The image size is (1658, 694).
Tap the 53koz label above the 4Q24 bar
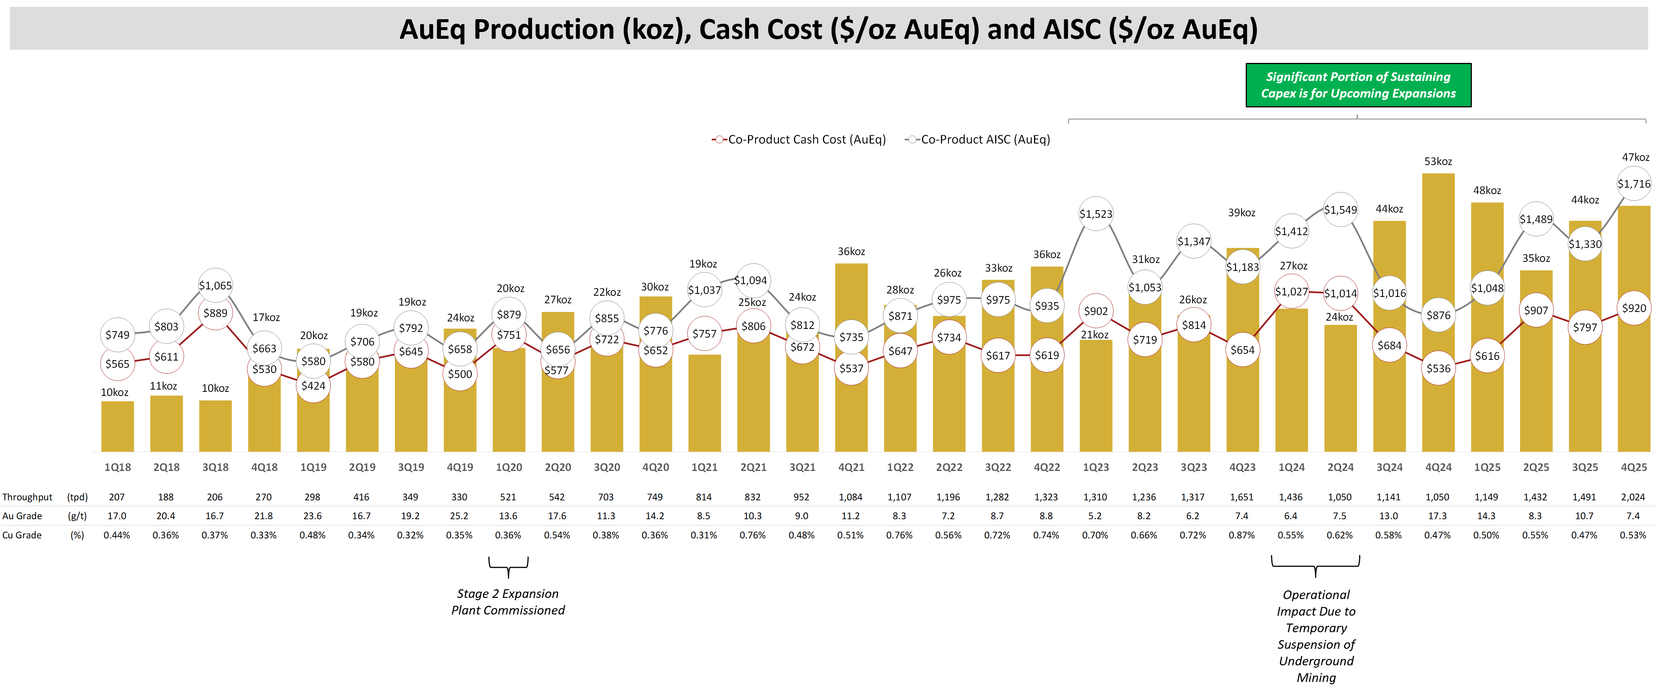click(1438, 162)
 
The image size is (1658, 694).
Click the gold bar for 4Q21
click(851, 412)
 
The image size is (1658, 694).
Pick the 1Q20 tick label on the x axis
click(508, 468)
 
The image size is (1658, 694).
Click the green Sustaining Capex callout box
click(1358, 85)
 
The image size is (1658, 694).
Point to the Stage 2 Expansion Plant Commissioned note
click(508, 602)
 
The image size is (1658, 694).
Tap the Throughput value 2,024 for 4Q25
click(1632, 497)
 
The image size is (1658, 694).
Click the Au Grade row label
click(23, 516)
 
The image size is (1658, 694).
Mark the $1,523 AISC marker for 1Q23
click(1095, 214)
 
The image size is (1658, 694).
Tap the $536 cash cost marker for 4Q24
click(1438, 368)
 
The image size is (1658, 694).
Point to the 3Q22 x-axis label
click(998, 468)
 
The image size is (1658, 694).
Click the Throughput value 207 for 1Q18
click(116, 497)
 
